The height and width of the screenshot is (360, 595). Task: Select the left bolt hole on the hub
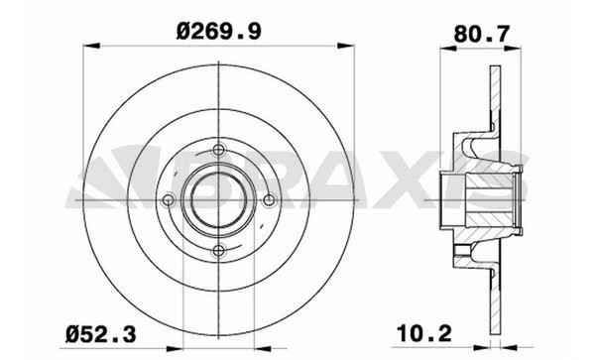click(x=169, y=200)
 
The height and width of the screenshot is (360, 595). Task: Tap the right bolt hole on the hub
click(x=271, y=200)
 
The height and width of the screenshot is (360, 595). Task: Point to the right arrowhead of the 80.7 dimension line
click(x=518, y=44)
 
